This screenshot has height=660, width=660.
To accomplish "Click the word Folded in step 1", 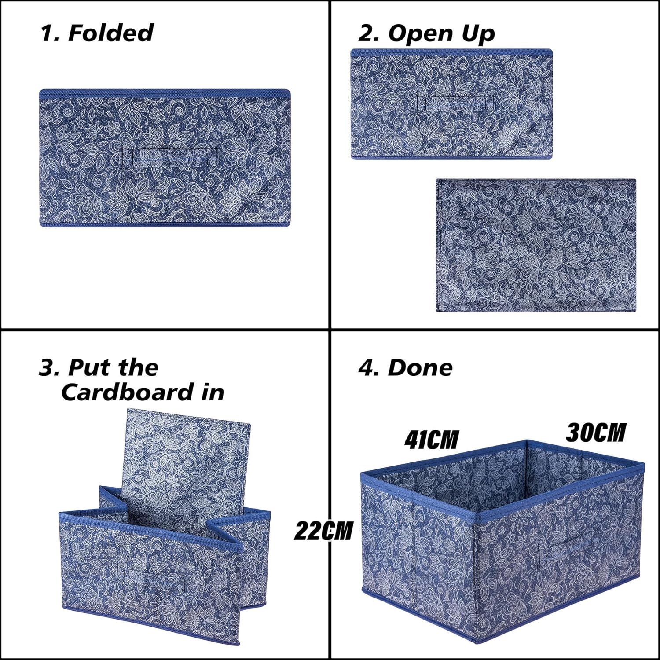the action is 110,33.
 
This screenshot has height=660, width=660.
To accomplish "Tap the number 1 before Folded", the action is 46,33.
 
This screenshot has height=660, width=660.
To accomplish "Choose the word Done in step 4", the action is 420,368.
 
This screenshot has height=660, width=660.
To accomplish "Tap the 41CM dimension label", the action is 432,440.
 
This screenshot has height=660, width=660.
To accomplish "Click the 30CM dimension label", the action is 596,433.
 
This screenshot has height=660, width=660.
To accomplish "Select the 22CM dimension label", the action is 323,531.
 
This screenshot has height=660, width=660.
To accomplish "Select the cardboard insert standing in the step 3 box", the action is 185,469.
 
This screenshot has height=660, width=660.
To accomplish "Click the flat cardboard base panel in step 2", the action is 536,245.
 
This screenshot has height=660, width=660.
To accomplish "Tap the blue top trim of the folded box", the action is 165,94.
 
